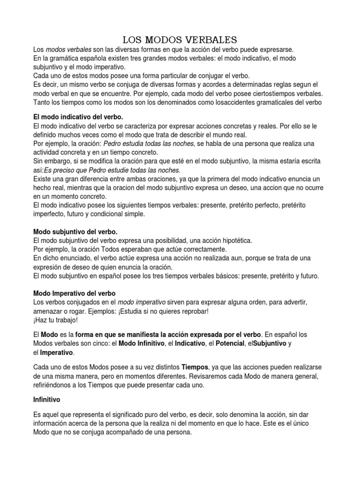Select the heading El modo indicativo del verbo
78,116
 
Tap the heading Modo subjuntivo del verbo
75,232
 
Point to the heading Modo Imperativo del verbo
75,293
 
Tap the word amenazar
48,311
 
